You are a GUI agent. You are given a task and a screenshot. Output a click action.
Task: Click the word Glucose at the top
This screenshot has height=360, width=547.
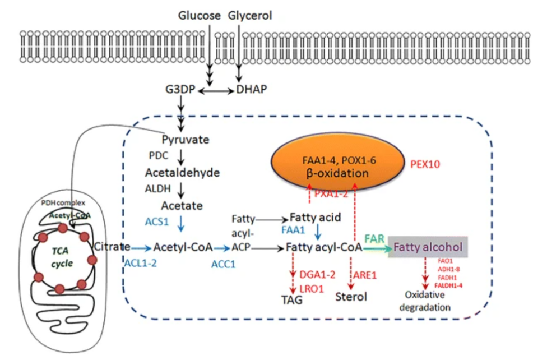199,16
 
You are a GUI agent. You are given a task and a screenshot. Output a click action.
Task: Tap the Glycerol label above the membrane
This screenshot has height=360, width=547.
250,16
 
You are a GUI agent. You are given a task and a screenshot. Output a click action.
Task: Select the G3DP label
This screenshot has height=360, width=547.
179,90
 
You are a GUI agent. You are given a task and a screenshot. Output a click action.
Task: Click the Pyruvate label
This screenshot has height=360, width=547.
182,139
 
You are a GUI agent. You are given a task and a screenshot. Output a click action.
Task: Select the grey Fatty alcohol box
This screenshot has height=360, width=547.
429,247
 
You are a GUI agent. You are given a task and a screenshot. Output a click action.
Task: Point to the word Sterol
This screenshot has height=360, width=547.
351,297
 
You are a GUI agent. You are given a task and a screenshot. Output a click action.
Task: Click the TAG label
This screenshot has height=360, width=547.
291,299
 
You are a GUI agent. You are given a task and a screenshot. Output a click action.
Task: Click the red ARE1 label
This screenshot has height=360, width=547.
365,275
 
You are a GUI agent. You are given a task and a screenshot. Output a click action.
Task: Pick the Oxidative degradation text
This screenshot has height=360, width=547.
428,301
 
